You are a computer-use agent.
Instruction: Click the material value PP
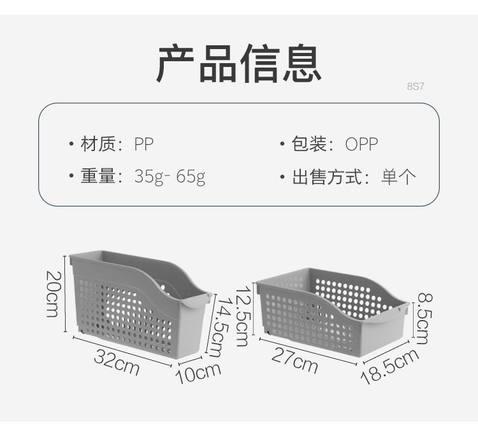pos(144,144)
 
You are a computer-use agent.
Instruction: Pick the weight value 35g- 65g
pos(170,177)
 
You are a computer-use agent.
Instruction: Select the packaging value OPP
pos(361,144)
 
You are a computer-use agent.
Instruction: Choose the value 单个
pos(398,177)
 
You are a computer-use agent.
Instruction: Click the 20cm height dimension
pos(52,293)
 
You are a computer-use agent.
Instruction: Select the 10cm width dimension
pos(198,372)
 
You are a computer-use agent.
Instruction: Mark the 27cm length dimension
pos(294,361)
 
